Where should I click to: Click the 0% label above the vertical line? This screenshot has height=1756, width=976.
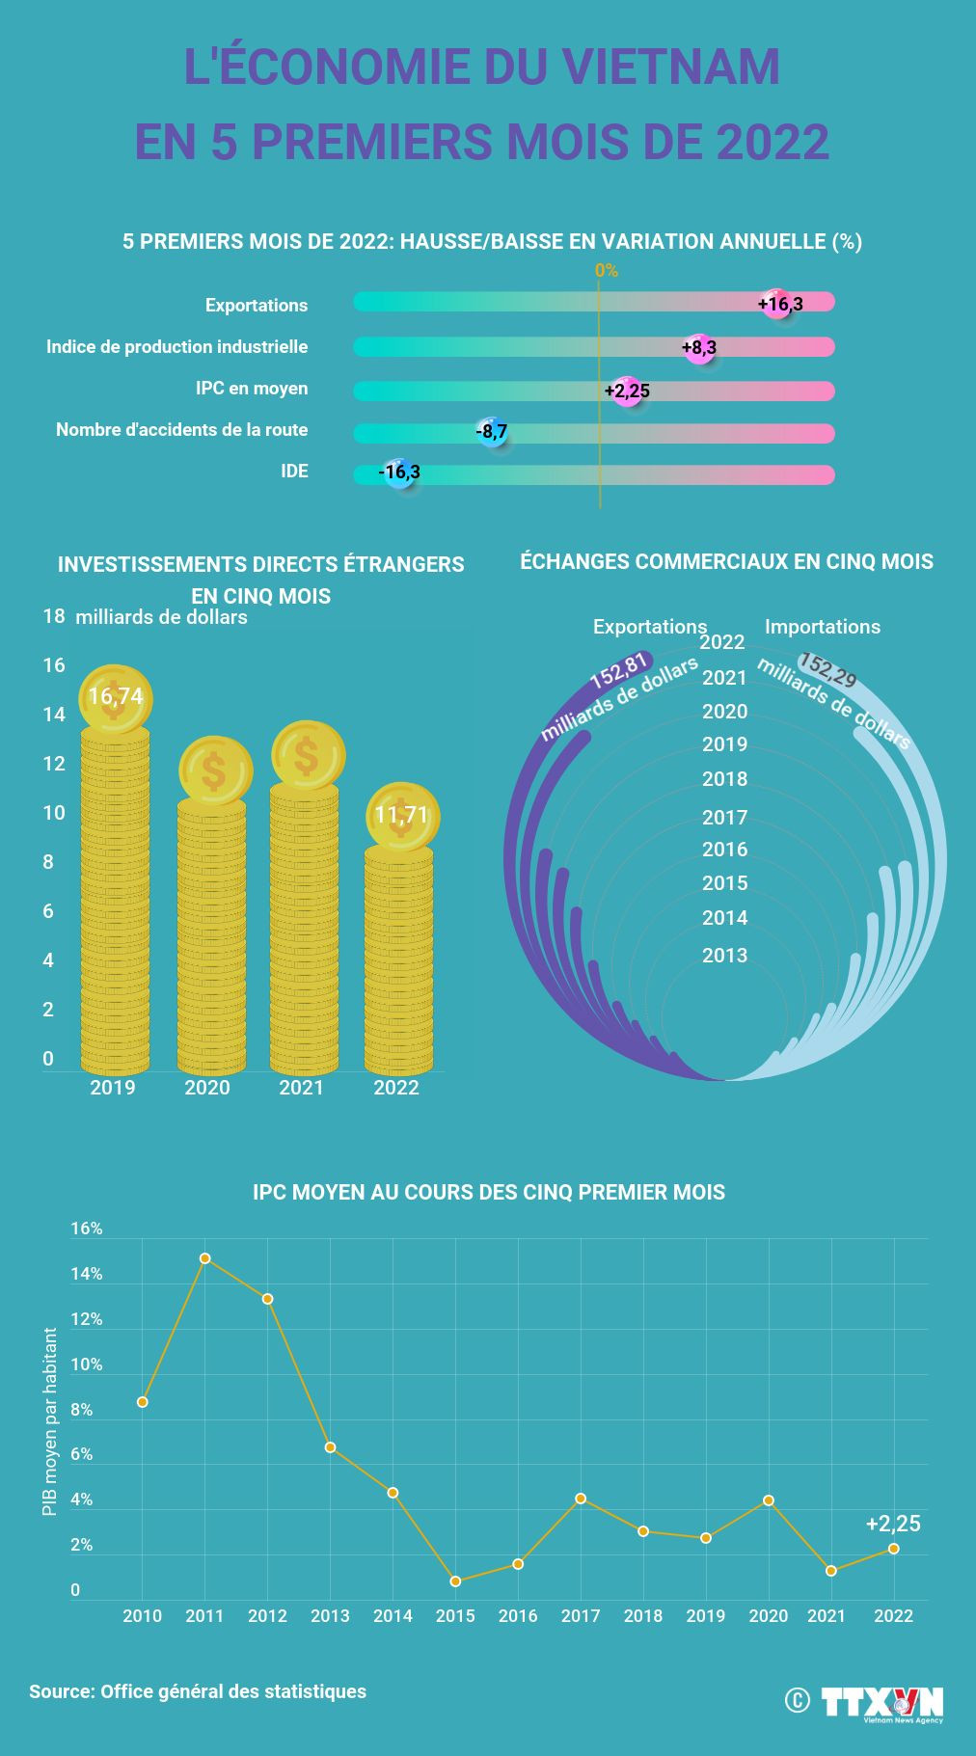(607, 271)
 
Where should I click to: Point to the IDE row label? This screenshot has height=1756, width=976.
(294, 472)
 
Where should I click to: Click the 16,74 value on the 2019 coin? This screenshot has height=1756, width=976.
(115, 697)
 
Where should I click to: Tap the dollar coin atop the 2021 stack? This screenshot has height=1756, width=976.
(308, 756)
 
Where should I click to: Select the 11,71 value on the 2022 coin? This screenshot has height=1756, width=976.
(402, 816)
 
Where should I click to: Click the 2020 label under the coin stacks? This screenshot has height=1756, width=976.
(207, 1088)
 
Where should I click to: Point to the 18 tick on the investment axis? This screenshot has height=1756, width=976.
(54, 616)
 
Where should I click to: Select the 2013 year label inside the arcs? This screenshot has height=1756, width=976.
(724, 956)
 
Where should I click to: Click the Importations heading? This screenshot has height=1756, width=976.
(822, 627)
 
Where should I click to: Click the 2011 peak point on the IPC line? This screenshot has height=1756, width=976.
(204, 1258)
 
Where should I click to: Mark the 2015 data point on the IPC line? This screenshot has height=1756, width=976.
(455, 1581)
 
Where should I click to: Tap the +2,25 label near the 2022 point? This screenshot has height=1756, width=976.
(893, 1524)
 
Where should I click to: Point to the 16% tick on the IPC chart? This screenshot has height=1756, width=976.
(87, 1229)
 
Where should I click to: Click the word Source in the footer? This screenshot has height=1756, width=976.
(61, 1691)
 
